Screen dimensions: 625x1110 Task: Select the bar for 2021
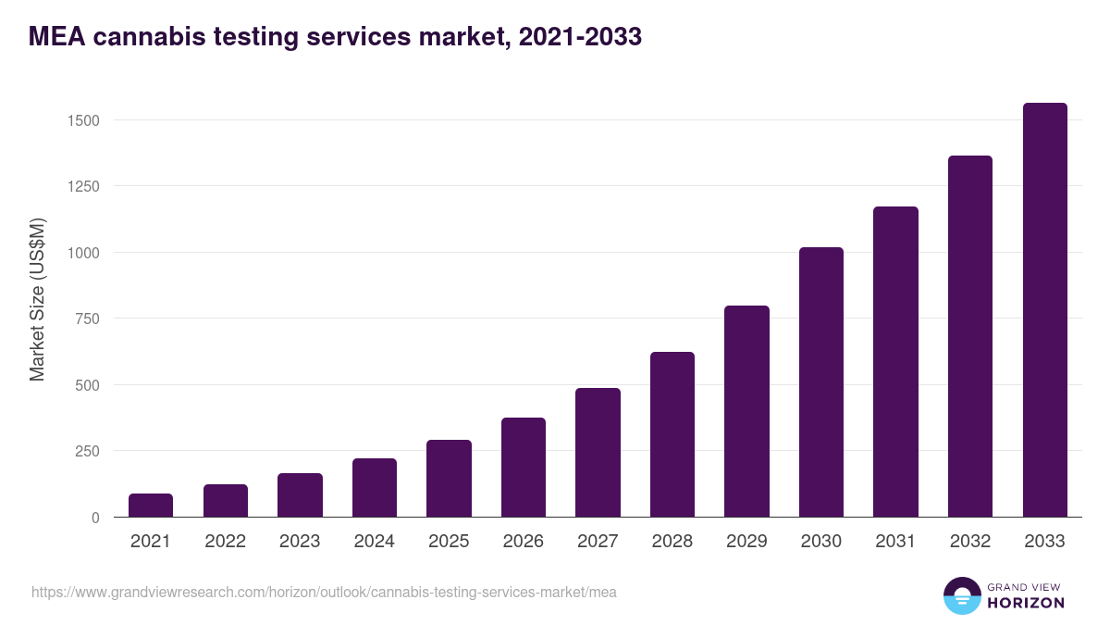[x=151, y=506]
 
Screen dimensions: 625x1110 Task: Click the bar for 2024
[x=375, y=488]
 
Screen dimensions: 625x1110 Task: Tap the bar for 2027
[x=598, y=453]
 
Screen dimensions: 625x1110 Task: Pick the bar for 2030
[x=821, y=382]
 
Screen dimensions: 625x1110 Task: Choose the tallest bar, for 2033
[x=1044, y=310]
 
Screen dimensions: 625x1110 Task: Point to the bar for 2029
[x=746, y=411]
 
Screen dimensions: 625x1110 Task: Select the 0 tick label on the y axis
[x=94, y=518]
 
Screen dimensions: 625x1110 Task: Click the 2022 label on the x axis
[x=225, y=542]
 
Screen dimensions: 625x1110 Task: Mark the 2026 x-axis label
[x=524, y=542]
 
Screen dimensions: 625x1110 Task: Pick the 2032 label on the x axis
[x=970, y=542]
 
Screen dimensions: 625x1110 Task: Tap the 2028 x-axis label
[x=672, y=542]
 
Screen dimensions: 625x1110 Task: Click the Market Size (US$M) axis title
[x=37, y=299]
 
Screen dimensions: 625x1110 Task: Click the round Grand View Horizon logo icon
[x=961, y=595]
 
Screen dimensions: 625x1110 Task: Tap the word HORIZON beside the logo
[x=1026, y=603]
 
